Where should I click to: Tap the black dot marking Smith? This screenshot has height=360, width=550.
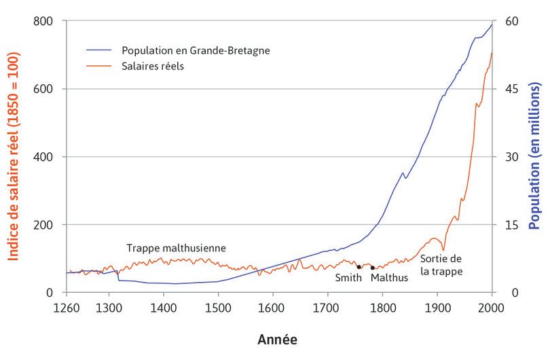click(x=359, y=267)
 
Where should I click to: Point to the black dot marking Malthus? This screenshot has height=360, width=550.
click(x=373, y=268)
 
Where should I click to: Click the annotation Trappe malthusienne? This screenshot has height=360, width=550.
click(x=176, y=248)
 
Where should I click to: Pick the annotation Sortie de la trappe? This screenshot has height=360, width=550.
click(x=441, y=266)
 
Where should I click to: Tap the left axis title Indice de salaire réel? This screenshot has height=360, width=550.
click(x=13, y=157)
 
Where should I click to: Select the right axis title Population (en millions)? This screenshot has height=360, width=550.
click(x=534, y=157)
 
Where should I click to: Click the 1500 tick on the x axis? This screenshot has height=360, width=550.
click(x=218, y=308)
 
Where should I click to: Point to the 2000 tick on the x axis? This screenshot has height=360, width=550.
click(x=492, y=308)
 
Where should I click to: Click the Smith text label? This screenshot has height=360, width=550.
click(x=349, y=277)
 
